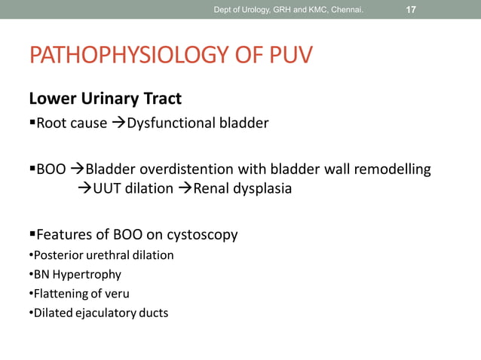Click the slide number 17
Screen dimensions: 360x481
click(x=411, y=10)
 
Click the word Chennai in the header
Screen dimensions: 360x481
click(x=345, y=10)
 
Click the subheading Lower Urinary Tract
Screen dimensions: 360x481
click(x=105, y=99)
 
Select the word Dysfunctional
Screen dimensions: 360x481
click(x=168, y=123)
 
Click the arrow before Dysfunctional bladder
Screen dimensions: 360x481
click(x=118, y=123)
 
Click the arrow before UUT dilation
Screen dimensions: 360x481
click(x=85, y=188)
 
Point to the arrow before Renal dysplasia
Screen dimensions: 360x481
click(x=185, y=188)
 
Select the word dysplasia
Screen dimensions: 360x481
click(x=264, y=188)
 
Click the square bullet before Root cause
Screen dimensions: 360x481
click(x=32, y=123)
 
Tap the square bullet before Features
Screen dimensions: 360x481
click(x=32, y=235)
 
